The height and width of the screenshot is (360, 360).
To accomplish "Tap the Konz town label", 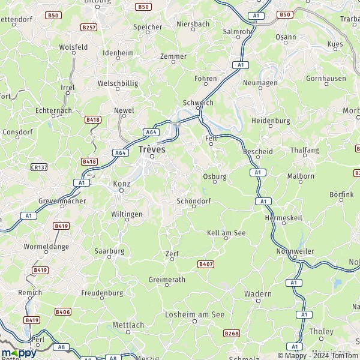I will (x=121, y=184).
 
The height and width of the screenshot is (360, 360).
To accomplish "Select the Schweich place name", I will (x=199, y=103).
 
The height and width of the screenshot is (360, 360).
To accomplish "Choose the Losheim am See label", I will (x=194, y=315).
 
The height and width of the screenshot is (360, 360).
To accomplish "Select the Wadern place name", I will (x=258, y=293).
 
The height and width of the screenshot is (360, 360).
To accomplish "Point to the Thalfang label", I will (x=303, y=150).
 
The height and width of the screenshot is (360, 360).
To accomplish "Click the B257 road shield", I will (x=89, y=28).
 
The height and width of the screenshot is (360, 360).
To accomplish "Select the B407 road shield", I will (x=205, y=264).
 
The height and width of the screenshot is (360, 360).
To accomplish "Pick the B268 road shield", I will (x=232, y=333).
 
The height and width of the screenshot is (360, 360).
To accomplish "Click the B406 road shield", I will (x=62, y=312).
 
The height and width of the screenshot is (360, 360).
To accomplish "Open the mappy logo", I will (x=18, y=352).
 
